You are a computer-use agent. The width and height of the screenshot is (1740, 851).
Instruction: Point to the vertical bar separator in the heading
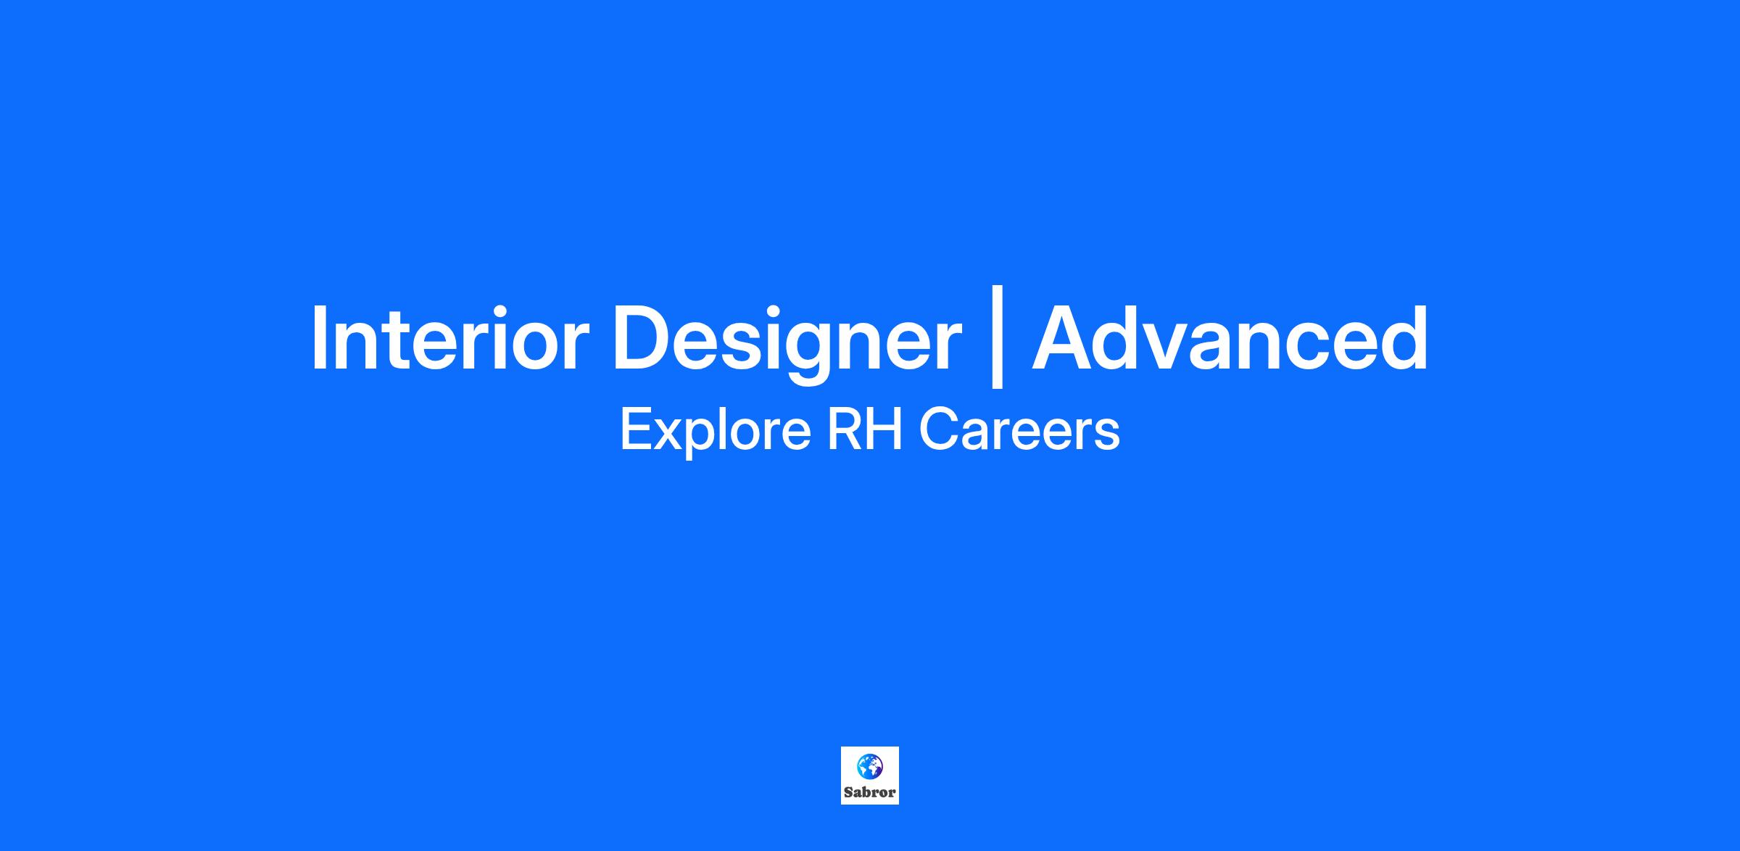[x=997, y=337]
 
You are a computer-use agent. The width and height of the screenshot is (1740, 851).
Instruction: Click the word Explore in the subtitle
[x=716, y=432]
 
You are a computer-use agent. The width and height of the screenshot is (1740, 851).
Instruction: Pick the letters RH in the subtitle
[x=866, y=430]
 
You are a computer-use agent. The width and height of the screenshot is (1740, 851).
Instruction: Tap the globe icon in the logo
[x=870, y=766]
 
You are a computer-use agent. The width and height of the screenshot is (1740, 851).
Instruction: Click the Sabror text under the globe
[x=870, y=792]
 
